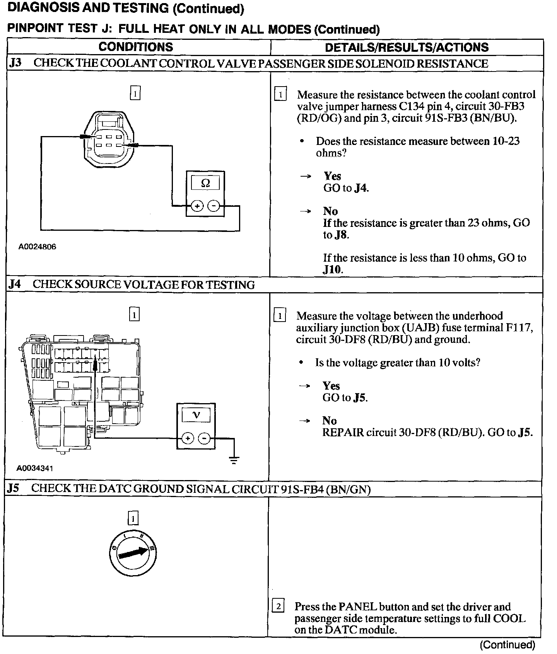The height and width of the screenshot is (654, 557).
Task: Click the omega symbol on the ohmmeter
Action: (205, 183)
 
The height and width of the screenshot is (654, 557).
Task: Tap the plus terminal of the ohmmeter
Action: (197, 206)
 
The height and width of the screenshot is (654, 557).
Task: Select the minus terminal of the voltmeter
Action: (204, 438)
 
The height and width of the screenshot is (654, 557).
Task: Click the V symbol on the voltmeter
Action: (196, 416)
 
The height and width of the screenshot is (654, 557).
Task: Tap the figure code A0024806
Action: (37, 247)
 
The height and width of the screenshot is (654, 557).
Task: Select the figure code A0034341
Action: (35, 468)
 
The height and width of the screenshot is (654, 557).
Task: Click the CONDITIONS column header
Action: (136, 47)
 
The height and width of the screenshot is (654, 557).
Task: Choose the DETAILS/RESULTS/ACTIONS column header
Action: (407, 47)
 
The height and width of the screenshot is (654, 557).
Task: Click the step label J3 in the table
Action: (15, 63)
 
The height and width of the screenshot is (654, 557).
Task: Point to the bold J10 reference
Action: (332, 269)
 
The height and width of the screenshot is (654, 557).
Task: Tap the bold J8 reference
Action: (341, 235)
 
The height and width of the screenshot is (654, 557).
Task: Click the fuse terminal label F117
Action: (519, 328)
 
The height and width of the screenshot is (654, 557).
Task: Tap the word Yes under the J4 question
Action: (331, 386)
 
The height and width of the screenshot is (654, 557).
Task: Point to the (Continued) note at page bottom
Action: (507, 645)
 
